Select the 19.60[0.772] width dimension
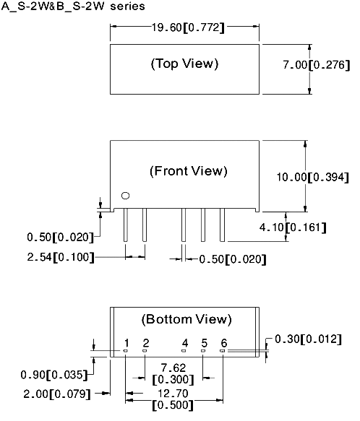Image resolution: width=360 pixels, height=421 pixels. pyautogui.click(x=188, y=27)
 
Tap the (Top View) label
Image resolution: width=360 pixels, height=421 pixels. pyautogui.click(x=184, y=64)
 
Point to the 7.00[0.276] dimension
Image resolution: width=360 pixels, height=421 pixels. pyautogui.click(x=317, y=65)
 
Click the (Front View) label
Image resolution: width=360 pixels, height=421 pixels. pyautogui.click(x=189, y=171)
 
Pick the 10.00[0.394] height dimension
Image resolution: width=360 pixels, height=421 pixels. pyautogui.click(x=313, y=177)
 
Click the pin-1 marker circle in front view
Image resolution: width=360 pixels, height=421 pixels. pyautogui.click(x=126, y=196)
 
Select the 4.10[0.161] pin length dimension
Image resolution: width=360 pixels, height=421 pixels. pyautogui.click(x=293, y=227)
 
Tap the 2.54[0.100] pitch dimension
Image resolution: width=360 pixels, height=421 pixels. pyautogui.click(x=61, y=257)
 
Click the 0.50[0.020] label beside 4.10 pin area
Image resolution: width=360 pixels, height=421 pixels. pyautogui.click(x=233, y=259)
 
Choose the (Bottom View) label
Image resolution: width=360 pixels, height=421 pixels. pyautogui.click(x=187, y=319)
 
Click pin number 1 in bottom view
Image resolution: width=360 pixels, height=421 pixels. pyautogui.click(x=127, y=343)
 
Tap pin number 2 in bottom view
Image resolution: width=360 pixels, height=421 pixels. pyautogui.click(x=146, y=343)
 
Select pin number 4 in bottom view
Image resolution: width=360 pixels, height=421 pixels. pyautogui.click(x=185, y=343)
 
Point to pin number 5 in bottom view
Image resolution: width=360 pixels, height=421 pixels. pyautogui.click(x=205, y=343)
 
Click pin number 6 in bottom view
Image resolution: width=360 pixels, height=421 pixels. pyautogui.click(x=224, y=343)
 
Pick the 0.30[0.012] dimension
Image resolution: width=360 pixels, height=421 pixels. pyautogui.click(x=309, y=339)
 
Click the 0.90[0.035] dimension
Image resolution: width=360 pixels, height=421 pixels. pyautogui.click(x=54, y=375)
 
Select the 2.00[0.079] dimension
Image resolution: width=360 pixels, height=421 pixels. pyautogui.click(x=57, y=394)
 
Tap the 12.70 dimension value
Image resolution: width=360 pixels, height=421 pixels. pyautogui.click(x=173, y=394)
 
